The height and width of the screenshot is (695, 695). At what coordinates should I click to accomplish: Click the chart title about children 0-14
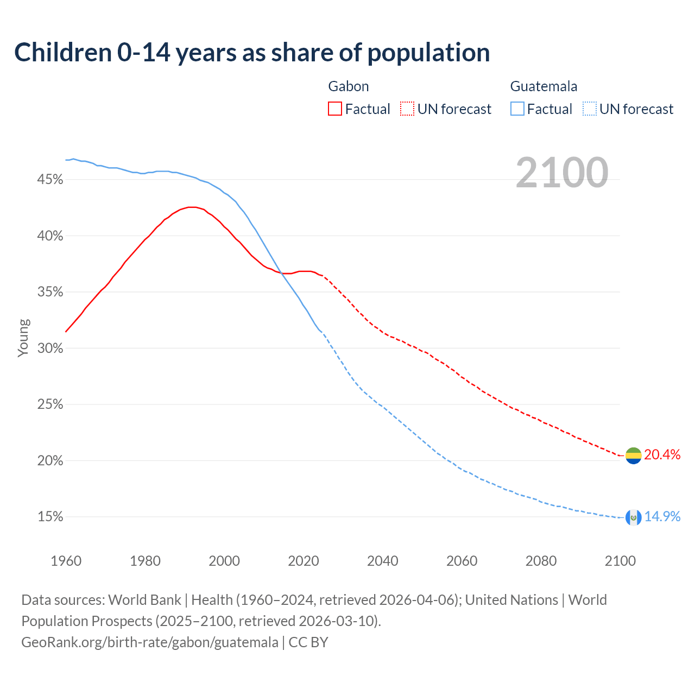(252, 53)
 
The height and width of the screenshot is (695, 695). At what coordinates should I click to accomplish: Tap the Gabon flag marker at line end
(633, 456)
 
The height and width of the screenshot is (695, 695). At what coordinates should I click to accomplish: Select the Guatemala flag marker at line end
(633, 517)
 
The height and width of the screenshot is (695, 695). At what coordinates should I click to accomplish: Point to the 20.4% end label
(662, 455)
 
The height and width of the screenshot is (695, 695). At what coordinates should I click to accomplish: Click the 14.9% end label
(662, 517)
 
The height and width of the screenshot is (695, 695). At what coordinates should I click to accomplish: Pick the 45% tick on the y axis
(50, 180)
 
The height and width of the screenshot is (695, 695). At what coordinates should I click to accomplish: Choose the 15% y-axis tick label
(50, 517)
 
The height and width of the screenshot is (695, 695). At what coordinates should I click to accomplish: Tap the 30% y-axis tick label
(50, 349)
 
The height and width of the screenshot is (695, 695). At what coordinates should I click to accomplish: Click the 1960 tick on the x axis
(66, 561)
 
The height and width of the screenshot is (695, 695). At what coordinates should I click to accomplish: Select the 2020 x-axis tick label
(304, 561)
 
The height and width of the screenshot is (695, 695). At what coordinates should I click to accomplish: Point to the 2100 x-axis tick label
(620, 561)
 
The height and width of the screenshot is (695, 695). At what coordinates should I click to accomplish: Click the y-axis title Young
(23, 338)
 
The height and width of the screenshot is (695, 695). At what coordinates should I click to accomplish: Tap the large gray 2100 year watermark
(562, 173)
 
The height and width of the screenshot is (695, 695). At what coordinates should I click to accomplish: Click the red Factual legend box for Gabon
(335, 109)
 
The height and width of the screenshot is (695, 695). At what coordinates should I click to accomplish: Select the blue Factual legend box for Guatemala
(517, 109)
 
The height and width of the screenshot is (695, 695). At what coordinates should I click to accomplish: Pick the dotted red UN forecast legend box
(407, 109)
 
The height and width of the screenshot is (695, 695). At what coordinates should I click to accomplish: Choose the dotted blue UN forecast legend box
(589, 109)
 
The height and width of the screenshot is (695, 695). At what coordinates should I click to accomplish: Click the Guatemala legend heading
(544, 86)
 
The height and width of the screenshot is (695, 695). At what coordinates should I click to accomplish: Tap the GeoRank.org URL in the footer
(150, 642)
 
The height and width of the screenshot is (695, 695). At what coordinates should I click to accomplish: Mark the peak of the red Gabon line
(191, 207)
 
